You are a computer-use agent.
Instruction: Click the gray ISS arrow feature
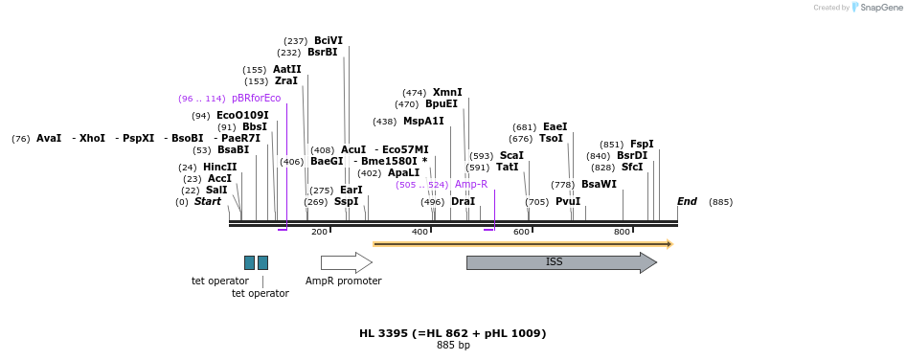(x=560, y=262)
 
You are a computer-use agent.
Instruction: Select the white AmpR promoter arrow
(x=346, y=262)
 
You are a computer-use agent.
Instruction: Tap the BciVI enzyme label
(x=328, y=40)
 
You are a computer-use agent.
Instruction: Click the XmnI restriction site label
(x=447, y=92)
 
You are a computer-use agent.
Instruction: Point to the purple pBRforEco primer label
(x=256, y=98)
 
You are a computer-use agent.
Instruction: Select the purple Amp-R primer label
(x=470, y=184)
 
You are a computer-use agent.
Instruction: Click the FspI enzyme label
(x=642, y=144)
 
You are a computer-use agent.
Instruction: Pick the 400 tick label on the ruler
(x=419, y=232)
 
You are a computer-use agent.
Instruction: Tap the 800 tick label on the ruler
(x=622, y=232)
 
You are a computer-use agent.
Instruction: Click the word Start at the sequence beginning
(x=207, y=201)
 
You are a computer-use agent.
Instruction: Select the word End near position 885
(x=687, y=201)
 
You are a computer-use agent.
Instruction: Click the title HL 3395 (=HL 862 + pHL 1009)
(x=452, y=333)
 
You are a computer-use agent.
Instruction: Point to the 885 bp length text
(x=453, y=345)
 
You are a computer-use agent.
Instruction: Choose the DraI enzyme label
(x=463, y=201)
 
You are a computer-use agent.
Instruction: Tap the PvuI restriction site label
(x=568, y=201)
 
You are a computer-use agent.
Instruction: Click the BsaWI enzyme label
(x=599, y=184)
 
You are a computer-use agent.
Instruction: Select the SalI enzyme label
(x=216, y=190)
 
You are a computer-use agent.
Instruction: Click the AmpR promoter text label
(x=343, y=281)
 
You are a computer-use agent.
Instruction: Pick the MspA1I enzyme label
(x=423, y=121)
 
